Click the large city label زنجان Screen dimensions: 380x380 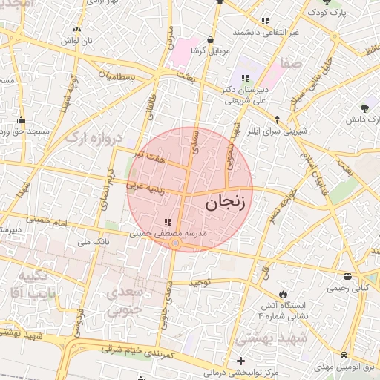[x=226, y=201]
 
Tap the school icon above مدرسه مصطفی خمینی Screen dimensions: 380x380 [x=167, y=221]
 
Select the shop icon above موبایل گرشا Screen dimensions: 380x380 [x=211, y=39]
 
